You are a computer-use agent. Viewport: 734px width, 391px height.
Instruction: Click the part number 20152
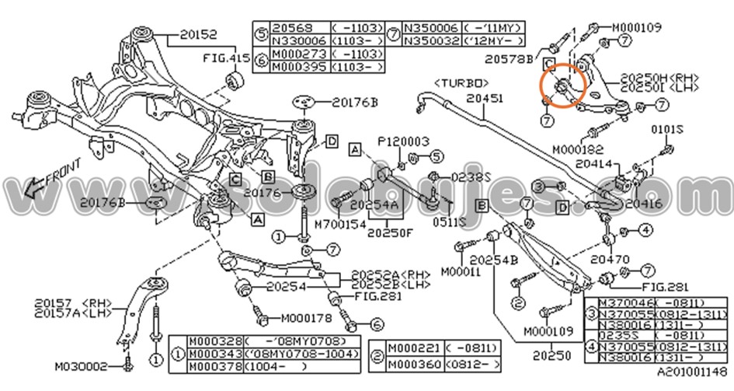(199, 34)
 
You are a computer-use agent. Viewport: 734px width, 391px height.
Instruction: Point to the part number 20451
(484, 98)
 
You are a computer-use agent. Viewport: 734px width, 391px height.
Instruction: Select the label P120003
(404, 141)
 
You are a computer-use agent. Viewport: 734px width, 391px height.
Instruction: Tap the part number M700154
(339, 223)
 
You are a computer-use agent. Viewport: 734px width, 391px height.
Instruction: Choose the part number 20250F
(392, 232)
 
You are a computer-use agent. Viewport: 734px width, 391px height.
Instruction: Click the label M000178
(305, 317)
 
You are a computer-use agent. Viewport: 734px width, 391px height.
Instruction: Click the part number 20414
(594, 165)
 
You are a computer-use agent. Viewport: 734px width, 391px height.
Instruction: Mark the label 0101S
(666, 130)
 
